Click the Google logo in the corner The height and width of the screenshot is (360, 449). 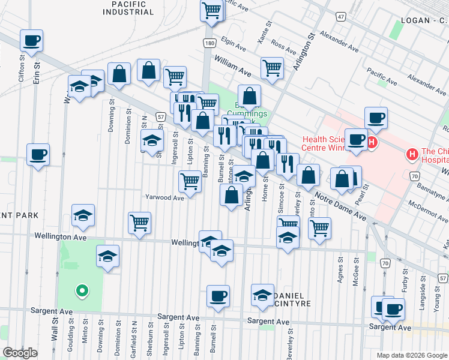pyautogui.click(x=20, y=353)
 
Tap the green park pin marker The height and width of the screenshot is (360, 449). pyautogui.click(x=81, y=292)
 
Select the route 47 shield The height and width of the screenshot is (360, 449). pyautogui.click(x=341, y=17)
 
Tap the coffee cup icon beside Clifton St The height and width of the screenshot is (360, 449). pyautogui.click(x=32, y=41)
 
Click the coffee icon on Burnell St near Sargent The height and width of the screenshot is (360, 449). pyautogui.click(x=218, y=296)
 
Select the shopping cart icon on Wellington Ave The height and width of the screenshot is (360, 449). pyautogui.click(x=140, y=223)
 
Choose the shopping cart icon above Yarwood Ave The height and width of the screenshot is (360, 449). pyautogui.click(x=190, y=181)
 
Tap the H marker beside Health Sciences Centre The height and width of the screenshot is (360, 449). pyautogui.click(x=372, y=143)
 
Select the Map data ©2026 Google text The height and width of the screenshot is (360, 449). pyautogui.click(x=411, y=355)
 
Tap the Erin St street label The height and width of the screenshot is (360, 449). pyautogui.click(x=37, y=73)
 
